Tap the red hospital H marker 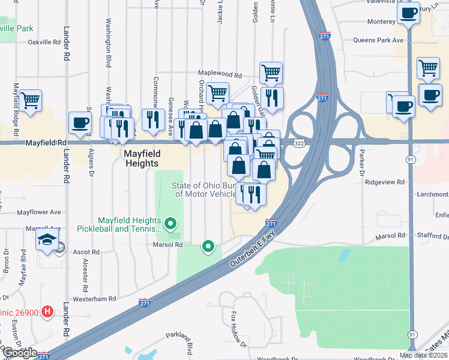[x=48, y=312]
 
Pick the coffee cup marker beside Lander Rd [x=80, y=123]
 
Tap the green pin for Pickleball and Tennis [x=170, y=225]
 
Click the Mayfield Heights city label [x=141, y=158]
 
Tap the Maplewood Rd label [x=220, y=76]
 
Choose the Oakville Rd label [x=44, y=43]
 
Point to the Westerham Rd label [x=94, y=299]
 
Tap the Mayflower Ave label [x=39, y=212]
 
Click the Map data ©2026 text [x=423, y=355]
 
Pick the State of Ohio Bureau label [x=206, y=190]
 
